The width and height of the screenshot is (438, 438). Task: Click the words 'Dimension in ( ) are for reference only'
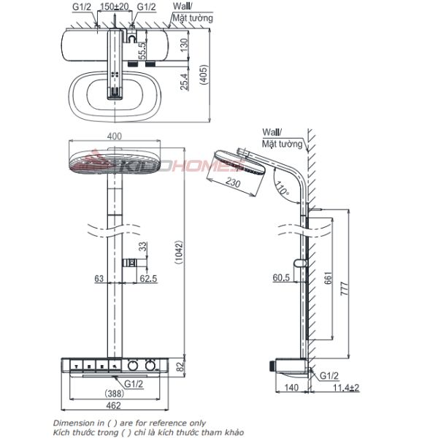129,423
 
